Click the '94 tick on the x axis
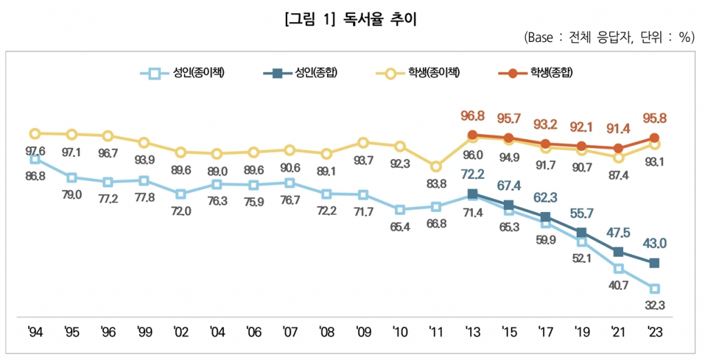[x=36, y=332]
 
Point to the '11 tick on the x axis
[x=435, y=332]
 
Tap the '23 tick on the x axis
[x=654, y=332]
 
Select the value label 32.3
[x=654, y=305]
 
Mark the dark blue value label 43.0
[x=654, y=244]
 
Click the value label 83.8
[x=435, y=184]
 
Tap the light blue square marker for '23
[x=654, y=288]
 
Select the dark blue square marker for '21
[x=618, y=252]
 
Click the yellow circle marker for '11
[x=435, y=166]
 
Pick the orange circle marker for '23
[x=654, y=138]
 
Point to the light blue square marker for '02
[x=180, y=193]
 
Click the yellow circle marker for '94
[x=35, y=133]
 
